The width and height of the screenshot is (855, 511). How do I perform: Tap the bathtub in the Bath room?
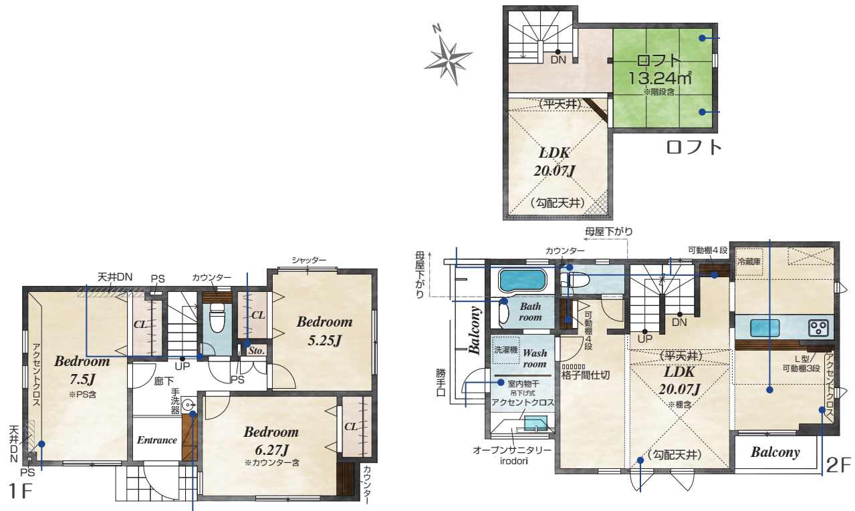(523, 281)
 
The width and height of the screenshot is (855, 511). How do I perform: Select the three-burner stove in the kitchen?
(819, 328)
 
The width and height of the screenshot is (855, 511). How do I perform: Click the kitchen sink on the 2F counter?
(765, 328)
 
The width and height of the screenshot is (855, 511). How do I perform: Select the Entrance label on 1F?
(157, 440)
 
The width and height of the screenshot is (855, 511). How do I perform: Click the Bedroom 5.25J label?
(324, 331)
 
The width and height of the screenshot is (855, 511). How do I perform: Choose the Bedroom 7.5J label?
(82, 370)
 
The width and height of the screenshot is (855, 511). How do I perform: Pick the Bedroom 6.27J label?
(271, 441)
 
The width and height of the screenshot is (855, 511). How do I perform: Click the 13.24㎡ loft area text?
(660, 78)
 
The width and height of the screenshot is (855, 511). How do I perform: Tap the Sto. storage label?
(257, 351)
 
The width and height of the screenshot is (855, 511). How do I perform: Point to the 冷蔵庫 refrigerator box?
(749, 262)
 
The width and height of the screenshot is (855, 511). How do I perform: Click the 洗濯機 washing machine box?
(505, 350)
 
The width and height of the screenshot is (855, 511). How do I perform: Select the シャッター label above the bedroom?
(309, 260)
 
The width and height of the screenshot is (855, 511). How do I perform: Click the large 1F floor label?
(20, 491)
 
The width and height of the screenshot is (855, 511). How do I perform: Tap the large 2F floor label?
(838, 465)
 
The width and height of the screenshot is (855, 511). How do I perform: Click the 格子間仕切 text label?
(586, 375)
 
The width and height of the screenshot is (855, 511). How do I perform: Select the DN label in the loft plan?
(558, 59)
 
